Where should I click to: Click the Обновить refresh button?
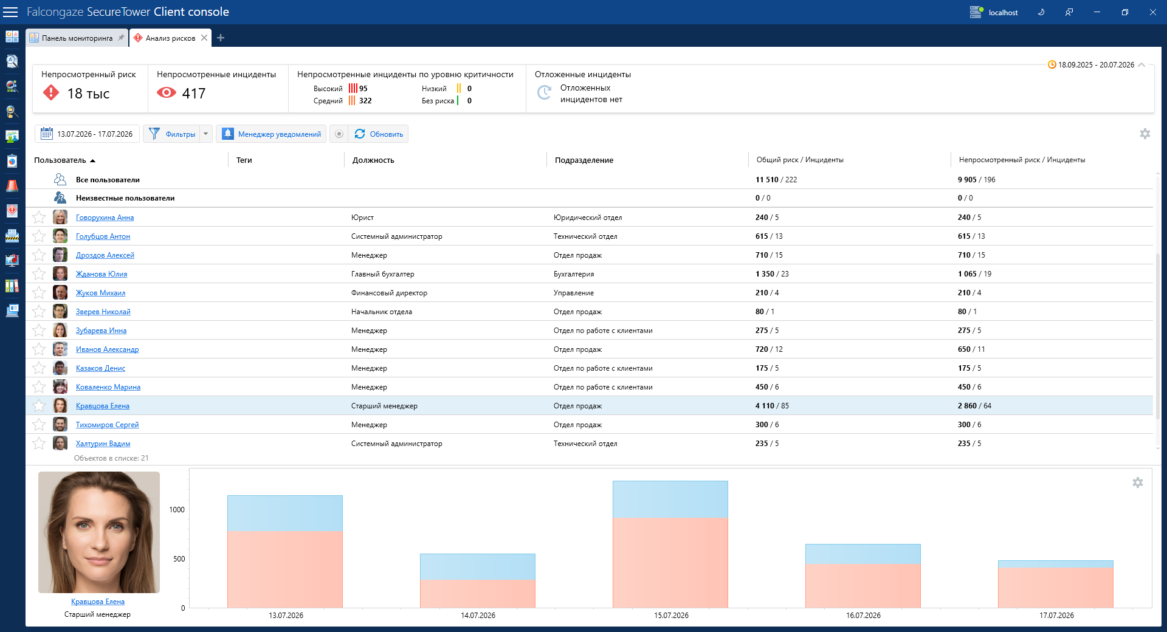[378, 134]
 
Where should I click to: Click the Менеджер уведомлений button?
[271, 134]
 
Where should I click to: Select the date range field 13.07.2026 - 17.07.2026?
[88, 134]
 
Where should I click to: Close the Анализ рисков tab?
[204, 38]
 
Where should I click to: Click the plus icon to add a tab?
[221, 38]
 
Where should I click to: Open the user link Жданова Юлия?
[102, 274]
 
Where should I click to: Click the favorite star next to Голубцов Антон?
[39, 236]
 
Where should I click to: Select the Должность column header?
[373, 160]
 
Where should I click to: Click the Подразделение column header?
[584, 160]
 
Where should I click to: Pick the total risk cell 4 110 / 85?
[772, 406]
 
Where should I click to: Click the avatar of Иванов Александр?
[60, 349]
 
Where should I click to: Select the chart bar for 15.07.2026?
[670, 544]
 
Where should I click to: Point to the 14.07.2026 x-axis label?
[478, 616]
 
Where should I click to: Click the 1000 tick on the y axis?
[177, 510]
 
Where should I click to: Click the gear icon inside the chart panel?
[1138, 483]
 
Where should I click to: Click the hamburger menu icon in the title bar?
[10, 12]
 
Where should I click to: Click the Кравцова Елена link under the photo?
[98, 602]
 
